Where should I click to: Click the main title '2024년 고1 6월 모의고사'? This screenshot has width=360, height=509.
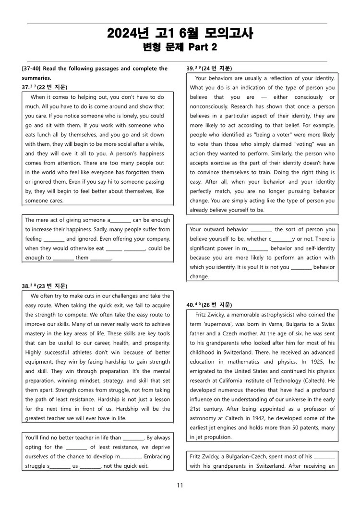180,33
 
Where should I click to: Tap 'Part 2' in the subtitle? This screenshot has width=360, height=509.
202,47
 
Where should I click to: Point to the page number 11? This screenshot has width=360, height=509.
180,485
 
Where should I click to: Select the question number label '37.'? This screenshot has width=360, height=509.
26,87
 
